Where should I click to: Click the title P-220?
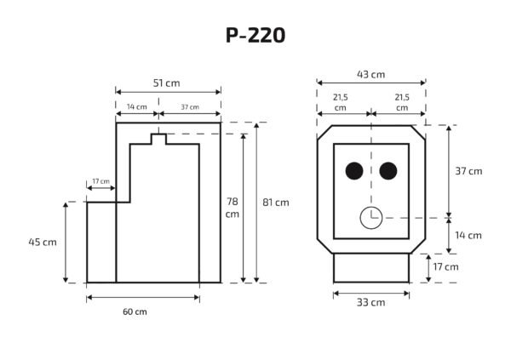255,36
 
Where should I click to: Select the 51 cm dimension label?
166,83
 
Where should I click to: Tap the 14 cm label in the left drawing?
135,107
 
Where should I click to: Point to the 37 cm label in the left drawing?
189,107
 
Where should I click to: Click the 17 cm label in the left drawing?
100,181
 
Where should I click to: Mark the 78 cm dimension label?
232,208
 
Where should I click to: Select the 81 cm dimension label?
276,203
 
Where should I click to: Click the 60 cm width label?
135,311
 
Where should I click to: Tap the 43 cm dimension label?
372,74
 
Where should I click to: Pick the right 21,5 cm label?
402,103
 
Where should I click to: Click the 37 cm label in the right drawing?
468,171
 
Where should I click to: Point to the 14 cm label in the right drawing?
468,235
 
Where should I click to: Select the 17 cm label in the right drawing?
445,266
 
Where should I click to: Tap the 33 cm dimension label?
371,302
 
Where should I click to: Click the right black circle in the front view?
388,172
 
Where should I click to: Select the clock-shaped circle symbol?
371,218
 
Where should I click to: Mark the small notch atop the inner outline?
158,138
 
